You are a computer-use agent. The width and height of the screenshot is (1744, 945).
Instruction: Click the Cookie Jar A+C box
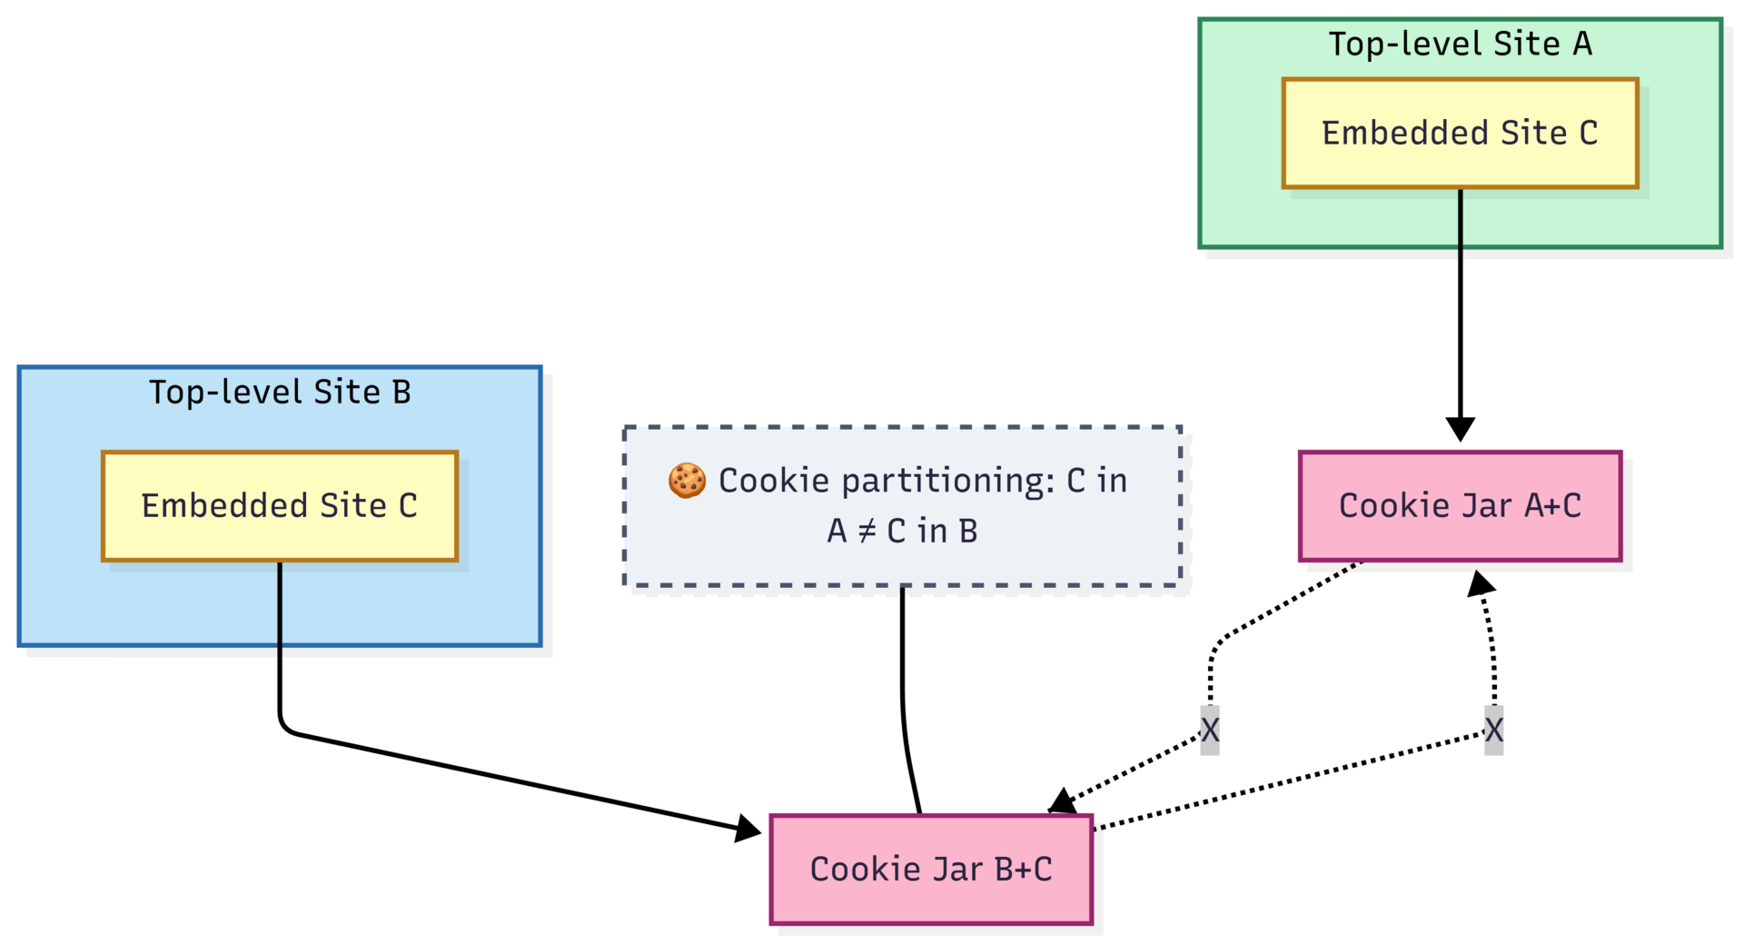1460,506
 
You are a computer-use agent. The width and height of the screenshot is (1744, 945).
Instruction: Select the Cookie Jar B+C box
931,870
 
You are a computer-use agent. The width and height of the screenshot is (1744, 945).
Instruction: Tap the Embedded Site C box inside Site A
1460,134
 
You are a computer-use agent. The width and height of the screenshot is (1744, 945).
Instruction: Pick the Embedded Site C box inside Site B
279,506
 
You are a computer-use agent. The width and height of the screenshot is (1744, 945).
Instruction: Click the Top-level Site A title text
1460,44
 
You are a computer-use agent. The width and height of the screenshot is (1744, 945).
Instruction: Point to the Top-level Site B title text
280,393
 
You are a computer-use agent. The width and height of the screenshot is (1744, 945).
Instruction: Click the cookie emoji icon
687,481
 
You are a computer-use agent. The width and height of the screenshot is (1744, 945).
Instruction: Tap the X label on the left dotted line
1210,730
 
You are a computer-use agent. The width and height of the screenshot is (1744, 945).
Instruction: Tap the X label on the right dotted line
1494,730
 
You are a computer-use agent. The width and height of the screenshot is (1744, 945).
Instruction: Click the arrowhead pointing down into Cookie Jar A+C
1460,429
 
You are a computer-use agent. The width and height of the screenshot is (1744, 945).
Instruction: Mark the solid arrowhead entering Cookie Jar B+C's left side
748,828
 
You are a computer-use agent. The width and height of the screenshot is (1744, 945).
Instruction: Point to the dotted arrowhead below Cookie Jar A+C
1480,583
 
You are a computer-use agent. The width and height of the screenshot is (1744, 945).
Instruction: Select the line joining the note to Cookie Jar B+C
903,700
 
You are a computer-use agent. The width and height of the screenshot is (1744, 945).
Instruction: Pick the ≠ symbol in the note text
867,532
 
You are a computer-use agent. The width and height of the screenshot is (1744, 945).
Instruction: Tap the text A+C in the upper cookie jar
1552,506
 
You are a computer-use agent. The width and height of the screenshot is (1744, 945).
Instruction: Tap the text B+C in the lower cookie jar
1023,870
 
